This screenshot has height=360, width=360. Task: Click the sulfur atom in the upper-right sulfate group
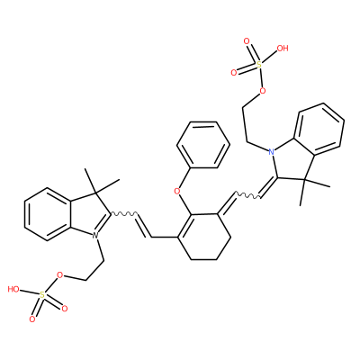click(x=259, y=64)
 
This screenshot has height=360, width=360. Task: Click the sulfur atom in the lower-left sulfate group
click(x=42, y=295)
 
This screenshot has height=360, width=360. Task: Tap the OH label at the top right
click(x=282, y=48)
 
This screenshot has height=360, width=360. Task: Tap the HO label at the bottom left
click(x=13, y=289)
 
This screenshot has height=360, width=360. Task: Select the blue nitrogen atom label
click(x=272, y=151)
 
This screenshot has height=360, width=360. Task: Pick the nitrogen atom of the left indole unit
click(x=95, y=236)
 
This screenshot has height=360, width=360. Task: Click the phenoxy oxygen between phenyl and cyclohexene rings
click(x=177, y=191)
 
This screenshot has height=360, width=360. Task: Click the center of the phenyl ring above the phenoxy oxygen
click(x=203, y=145)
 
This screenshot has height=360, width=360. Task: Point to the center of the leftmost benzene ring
click(x=48, y=214)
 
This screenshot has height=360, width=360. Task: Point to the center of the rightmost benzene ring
click(x=319, y=130)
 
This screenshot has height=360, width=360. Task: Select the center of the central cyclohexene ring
click(x=203, y=237)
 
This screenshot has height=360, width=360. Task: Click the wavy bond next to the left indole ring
click(x=124, y=214)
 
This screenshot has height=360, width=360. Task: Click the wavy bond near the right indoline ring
click(x=248, y=195)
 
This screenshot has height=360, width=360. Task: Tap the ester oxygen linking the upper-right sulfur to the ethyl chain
click(x=263, y=90)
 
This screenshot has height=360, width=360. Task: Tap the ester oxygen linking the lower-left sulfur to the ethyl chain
click(x=60, y=274)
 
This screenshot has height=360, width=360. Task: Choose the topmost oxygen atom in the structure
click(x=247, y=41)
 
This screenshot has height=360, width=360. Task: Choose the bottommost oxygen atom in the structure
click(x=32, y=319)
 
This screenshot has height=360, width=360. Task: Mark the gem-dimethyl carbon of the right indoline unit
click(x=304, y=180)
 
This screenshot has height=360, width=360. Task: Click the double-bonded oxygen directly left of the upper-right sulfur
click(x=234, y=72)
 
